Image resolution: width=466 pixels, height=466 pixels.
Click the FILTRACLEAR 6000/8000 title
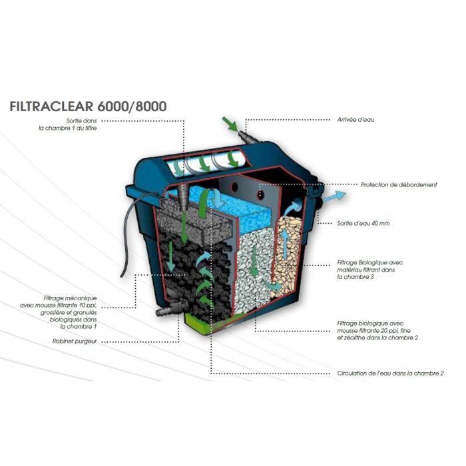(88, 107)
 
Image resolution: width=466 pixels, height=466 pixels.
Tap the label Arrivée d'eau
(355, 120)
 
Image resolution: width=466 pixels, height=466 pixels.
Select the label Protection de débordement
(399, 184)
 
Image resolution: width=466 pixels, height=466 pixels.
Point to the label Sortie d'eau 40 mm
(363, 223)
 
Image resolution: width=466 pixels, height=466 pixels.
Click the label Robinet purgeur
(75, 341)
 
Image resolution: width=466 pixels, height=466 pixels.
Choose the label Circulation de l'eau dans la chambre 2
(390, 373)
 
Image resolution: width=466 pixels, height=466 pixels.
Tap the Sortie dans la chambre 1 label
(68, 124)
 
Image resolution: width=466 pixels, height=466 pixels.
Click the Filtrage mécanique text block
(59, 312)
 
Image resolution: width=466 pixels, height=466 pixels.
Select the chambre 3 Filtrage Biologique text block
(370, 270)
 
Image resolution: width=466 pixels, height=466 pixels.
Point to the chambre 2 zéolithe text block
(377, 330)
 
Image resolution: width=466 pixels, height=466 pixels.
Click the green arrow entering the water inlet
(230, 124)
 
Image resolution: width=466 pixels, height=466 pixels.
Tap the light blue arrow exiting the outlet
(334, 197)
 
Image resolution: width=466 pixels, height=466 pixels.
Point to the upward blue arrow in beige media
(285, 244)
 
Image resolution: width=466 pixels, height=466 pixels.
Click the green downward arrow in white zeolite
(254, 262)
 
